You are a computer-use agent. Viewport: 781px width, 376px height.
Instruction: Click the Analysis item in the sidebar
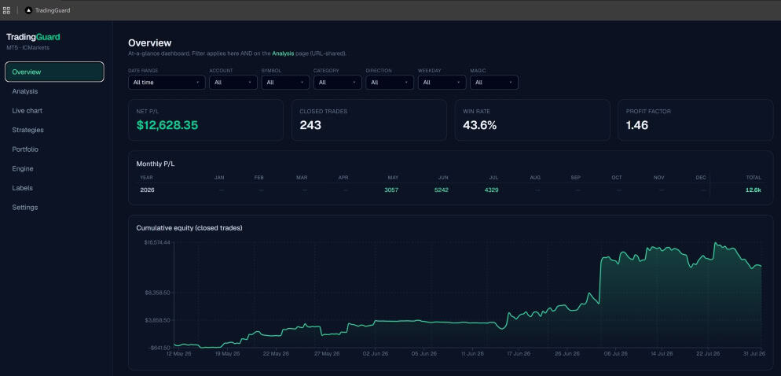pos(25,91)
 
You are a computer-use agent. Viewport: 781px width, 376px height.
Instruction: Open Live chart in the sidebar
pos(27,111)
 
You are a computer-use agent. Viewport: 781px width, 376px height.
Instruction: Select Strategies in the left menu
pos(28,130)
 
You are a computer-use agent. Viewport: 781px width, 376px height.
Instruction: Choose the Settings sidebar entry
pos(25,208)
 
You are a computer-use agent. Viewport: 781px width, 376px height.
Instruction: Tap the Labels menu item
pos(23,188)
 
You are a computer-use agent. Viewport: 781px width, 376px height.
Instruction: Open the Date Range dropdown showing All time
pos(167,83)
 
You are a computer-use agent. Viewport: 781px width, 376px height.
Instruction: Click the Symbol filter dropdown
pos(285,83)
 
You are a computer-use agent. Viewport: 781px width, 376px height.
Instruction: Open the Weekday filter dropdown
pos(442,83)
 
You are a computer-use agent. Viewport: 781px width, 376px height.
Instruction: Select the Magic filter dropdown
pos(494,83)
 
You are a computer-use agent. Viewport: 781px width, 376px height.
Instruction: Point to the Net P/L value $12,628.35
pos(167,125)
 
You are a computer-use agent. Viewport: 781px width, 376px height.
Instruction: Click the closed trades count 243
pos(310,125)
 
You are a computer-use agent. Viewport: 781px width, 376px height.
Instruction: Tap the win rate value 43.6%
pos(479,125)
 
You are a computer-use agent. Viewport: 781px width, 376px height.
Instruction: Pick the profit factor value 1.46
pos(637,125)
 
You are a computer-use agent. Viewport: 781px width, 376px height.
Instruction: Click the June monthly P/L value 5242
pos(441,190)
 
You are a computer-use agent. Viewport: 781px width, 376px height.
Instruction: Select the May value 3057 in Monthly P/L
pos(391,190)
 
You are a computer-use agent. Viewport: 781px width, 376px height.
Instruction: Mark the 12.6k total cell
pos(753,190)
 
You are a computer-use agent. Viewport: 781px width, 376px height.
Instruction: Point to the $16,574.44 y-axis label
pos(157,242)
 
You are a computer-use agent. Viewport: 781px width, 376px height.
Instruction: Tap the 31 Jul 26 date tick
pos(750,353)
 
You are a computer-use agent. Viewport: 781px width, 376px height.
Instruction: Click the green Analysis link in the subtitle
pos(283,53)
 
